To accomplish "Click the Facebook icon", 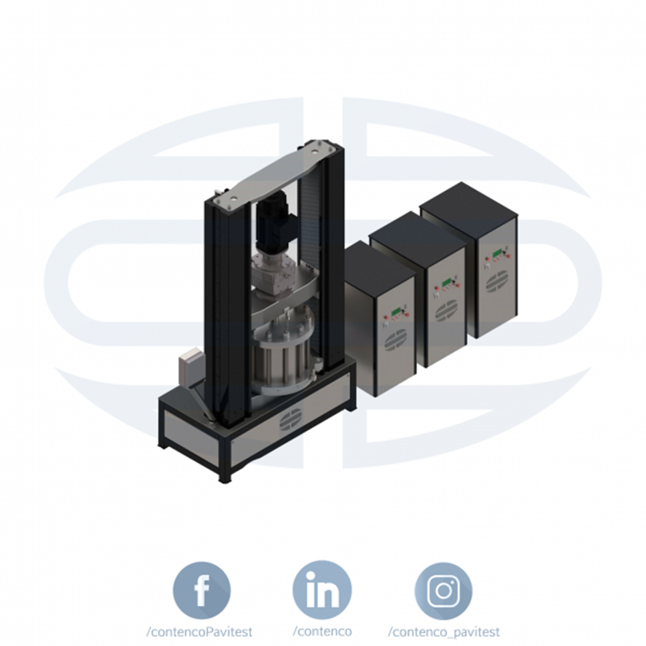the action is point(201,591).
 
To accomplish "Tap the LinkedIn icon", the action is point(322,590).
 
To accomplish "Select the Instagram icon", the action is point(443,591).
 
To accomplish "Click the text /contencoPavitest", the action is point(199,631).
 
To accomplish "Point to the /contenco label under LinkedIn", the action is point(322,631).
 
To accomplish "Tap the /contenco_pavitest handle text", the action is point(444,632).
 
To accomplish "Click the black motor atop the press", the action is point(272,225).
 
